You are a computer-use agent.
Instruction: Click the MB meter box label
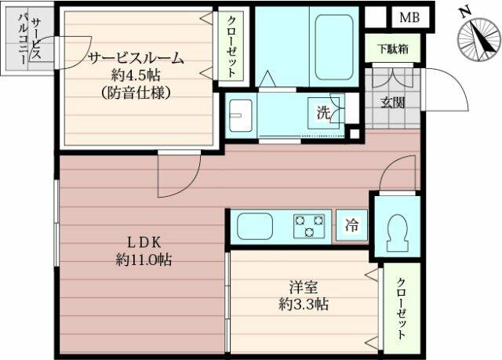click(409, 17)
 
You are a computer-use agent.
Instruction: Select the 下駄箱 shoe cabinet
click(392, 49)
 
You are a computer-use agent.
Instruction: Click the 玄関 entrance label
click(392, 103)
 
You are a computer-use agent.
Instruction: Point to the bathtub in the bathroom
click(334, 47)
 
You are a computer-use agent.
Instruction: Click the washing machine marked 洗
click(323, 113)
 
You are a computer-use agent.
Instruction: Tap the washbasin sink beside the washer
click(241, 115)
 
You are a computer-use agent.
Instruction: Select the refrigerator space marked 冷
click(351, 225)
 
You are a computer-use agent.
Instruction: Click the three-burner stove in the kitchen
click(309, 226)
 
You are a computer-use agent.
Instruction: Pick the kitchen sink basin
click(254, 226)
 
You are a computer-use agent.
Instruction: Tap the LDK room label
click(144, 242)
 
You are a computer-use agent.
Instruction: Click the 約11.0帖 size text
click(144, 260)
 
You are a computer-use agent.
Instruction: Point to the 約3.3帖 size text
click(304, 304)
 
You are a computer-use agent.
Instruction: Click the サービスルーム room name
click(136, 59)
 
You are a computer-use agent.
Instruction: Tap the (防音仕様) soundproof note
click(136, 93)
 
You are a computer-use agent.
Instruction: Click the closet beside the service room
click(231, 46)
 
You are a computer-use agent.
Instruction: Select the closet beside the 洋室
click(402, 307)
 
